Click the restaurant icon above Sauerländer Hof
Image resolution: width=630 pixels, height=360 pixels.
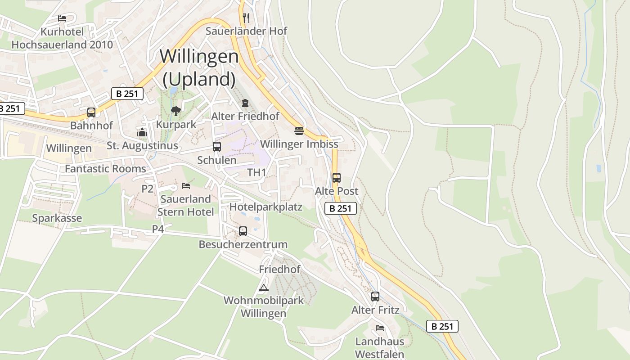coord(246,18)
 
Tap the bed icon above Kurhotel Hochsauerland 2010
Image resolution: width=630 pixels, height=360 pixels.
coord(62,18)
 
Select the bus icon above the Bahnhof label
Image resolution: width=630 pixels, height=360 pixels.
coord(91,112)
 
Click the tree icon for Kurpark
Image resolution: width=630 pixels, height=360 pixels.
coord(176,111)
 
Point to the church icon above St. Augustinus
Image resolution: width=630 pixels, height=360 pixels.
coord(142,132)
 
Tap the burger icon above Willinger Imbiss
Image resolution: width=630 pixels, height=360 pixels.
coord(299,131)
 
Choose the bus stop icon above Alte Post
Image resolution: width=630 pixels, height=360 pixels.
coord(337,178)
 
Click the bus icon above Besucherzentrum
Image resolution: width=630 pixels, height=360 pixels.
coord(243,231)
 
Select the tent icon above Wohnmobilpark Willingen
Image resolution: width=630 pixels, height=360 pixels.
coord(264,288)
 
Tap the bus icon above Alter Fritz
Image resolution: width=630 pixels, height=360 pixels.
coord(375,297)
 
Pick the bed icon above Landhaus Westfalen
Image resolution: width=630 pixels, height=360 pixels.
coord(380,328)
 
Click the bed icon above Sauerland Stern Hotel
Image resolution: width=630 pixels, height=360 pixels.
coord(185,185)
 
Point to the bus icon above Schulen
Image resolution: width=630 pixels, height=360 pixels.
coord(217,147)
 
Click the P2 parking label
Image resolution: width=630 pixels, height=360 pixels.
coord(148,189)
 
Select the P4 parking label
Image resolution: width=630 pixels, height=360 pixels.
coord(158,229)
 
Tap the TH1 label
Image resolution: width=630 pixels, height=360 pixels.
coord(257,172)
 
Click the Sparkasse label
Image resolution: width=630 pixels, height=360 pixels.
coord(57,218)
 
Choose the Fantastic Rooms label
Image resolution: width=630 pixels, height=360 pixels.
coord(105,169)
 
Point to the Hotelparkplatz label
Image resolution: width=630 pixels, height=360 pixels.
coord(266,207)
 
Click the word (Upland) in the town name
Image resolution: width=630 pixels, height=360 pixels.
coord(199,79)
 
